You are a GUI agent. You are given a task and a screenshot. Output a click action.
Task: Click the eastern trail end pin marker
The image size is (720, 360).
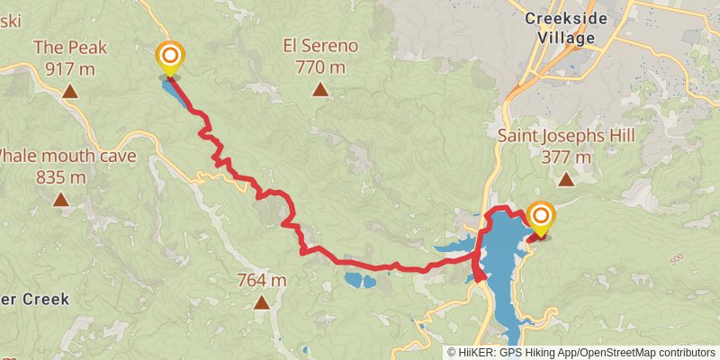[x=541, y=217]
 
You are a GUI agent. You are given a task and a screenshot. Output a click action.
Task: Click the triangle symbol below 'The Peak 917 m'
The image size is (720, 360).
[x=69, y=91]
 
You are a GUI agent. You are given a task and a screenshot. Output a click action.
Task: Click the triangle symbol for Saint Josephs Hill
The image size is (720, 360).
[x=565, y=179]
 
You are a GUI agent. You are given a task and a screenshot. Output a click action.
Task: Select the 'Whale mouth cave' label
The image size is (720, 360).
[x=67, y=156]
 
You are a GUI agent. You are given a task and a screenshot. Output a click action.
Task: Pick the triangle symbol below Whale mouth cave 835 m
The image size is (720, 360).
[x=61, y=199]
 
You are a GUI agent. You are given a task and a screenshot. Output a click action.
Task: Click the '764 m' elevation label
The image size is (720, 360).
[x=262, y=281]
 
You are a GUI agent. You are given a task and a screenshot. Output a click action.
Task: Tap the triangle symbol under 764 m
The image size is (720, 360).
[x=261, y=302]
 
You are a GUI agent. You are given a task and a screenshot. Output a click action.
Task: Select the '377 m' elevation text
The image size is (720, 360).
[x=566, y=157]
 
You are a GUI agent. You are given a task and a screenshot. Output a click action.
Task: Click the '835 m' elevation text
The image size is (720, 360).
[x=61, y=176]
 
